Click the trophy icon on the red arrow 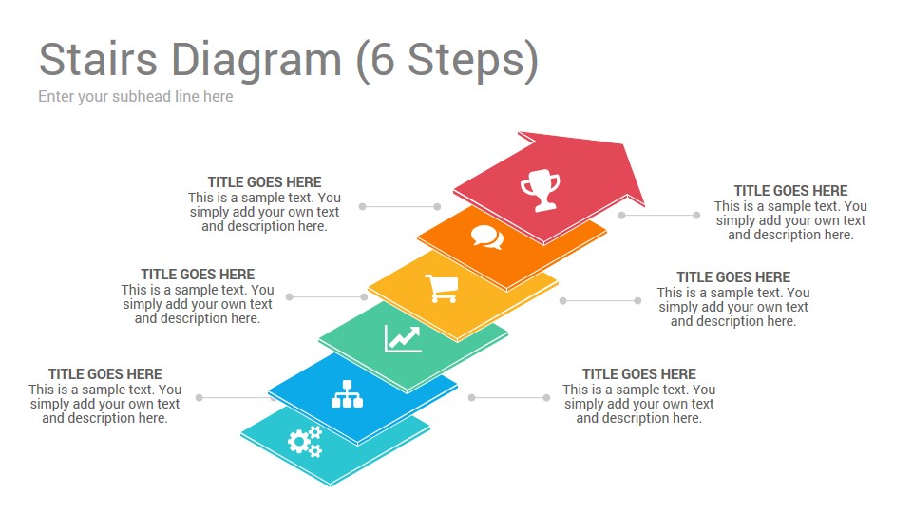click(541, 190)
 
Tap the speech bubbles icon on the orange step click(487, 237)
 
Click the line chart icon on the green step click(403, 339)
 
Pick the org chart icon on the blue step click(348, 393)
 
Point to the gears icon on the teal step click(305, 442)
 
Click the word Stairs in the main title click(98, 59)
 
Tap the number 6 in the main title click(383, 59)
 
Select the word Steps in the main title click(466, 61)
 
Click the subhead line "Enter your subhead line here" click(136, 97)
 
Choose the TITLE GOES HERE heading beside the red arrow click(790, 191)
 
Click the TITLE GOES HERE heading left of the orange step click(265, 182)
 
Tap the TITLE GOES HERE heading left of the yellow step click(198, 274)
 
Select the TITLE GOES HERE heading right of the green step click(733, 276)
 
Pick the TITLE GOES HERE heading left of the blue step click(105, 374)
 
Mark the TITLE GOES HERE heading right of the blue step click(639, 374)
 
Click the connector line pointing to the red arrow click(659, 216)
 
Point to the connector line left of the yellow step click(326, 296)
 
